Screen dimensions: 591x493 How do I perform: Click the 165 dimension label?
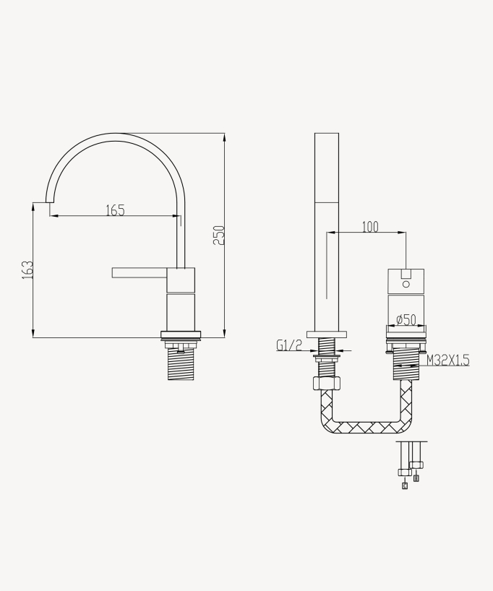click(115, 210)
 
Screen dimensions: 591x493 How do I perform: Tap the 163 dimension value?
click(27, 269)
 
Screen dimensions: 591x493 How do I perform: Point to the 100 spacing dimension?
click(369, 227)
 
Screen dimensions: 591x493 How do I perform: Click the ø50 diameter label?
click(406, 320)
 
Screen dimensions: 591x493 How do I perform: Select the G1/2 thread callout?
click(288, 345)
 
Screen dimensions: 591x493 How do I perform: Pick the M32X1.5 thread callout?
click(447, 360)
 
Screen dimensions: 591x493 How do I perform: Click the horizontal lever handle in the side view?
click(140, 272)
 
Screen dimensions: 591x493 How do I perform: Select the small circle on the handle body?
click(406, 284)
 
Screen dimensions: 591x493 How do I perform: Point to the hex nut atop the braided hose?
click(327, 383)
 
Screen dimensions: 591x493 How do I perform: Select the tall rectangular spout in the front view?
click(327, 231)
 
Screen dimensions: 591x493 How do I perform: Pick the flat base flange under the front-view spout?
click(327, 334)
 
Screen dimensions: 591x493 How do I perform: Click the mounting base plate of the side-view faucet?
click(181, 335)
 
